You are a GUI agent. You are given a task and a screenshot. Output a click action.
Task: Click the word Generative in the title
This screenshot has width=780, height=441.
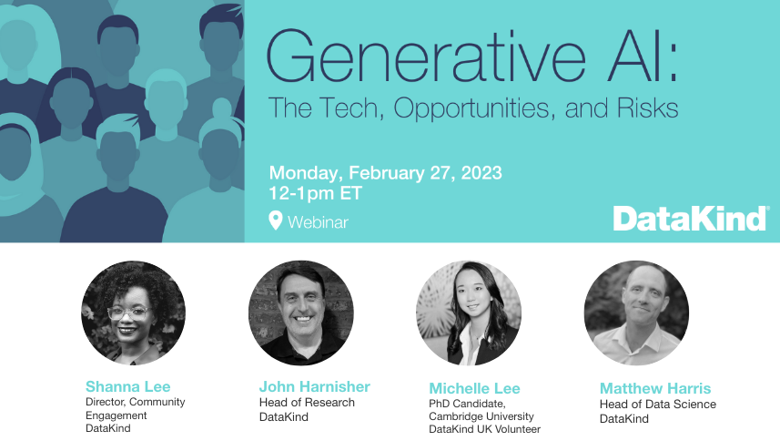point(426,56)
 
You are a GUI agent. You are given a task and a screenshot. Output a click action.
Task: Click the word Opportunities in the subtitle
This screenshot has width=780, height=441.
point(474,109)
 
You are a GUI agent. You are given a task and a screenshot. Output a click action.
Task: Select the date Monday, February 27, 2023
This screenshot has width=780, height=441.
point(386,173)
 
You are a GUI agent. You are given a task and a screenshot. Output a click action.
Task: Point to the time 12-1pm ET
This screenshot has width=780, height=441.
point(316,193)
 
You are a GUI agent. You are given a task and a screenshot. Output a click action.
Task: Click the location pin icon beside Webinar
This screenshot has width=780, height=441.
point(276,220)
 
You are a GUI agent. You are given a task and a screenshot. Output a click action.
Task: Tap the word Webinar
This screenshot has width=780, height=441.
point(318,222)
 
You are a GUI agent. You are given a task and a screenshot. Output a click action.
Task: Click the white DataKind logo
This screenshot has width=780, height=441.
point(691,219)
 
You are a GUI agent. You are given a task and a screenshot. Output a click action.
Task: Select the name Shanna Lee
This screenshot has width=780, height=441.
point(127,386)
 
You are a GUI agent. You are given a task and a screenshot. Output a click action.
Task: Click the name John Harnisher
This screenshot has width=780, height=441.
point(314,386)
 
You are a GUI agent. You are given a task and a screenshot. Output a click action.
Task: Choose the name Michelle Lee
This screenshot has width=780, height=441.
point(474,388)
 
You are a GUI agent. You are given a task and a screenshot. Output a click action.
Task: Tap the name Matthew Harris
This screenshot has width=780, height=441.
point(655,388)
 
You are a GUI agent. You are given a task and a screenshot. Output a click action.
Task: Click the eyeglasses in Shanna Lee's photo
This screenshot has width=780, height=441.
point(129,313)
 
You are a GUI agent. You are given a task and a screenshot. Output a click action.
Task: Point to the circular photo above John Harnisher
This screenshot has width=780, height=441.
point(301,313)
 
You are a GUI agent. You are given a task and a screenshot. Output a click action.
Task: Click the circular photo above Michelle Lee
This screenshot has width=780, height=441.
point(469,313)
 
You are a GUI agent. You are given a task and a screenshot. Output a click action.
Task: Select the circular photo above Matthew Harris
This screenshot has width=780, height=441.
point(636,313)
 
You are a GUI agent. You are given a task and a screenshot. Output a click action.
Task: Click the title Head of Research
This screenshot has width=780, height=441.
point(307,402)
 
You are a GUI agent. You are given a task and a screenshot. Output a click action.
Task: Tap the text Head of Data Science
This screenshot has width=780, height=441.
point(658,405)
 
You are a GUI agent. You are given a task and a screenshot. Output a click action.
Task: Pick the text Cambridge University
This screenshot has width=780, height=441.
point(481,416)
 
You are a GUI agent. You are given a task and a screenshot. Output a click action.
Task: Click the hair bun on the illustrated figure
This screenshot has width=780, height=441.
point(222,108)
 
